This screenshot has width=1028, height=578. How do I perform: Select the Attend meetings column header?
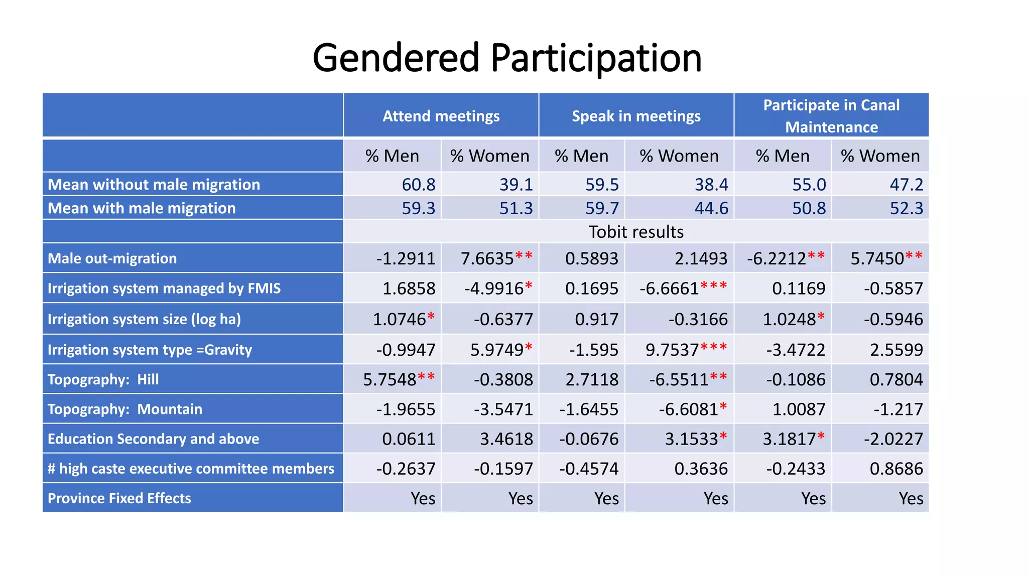tap(441, 116)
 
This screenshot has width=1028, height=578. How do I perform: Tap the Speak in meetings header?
tap(636, 116)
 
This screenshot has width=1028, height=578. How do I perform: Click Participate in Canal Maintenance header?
tap(831, 116)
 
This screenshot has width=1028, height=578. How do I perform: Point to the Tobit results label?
tap(636, 232)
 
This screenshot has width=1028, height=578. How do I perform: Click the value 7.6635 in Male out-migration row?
tap(487, 258)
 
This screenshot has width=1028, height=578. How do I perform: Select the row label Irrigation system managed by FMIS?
tap(164, 288)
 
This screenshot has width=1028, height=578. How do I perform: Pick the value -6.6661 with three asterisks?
tap(670, 288)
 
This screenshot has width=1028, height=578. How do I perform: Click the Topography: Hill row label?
tap(103, 379)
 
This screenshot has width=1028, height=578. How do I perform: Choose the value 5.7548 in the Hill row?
tap(390, 379)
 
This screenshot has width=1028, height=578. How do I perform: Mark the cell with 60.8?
tap(419, 185)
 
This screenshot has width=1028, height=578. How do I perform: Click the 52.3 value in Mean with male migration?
tap(906, 208)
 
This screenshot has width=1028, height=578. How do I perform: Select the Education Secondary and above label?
tap(154, 439)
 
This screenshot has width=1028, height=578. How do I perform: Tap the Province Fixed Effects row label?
tap(119, 498)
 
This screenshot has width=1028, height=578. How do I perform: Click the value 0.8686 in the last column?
tap(896, 469)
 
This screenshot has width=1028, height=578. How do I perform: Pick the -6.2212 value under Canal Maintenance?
tap(777, 258)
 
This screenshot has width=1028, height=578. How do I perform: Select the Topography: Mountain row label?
tap(125, 409)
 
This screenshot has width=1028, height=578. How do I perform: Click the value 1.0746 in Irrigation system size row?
tap(400, 319)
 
